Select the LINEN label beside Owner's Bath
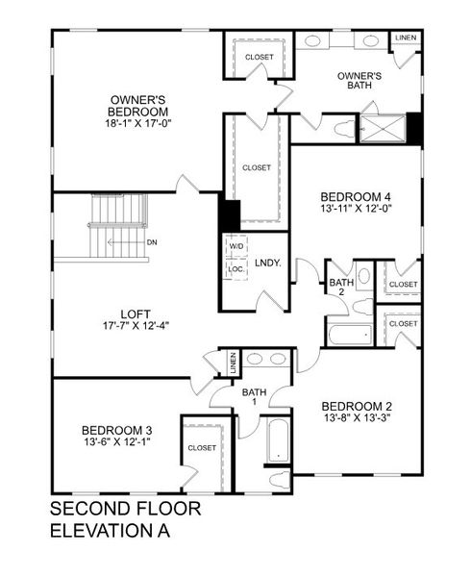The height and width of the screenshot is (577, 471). click(406, 38)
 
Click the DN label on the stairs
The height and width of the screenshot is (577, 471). click(152, 242)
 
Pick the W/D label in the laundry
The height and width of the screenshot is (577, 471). click(235, 246)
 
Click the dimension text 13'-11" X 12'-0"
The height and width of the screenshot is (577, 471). click(356, 208)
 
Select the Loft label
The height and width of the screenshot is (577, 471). click(135, 313)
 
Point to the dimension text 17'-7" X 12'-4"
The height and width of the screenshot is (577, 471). click(135, 326)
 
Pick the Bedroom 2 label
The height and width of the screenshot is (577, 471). click(357, 405)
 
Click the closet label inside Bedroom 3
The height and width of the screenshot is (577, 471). click(202, 448)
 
